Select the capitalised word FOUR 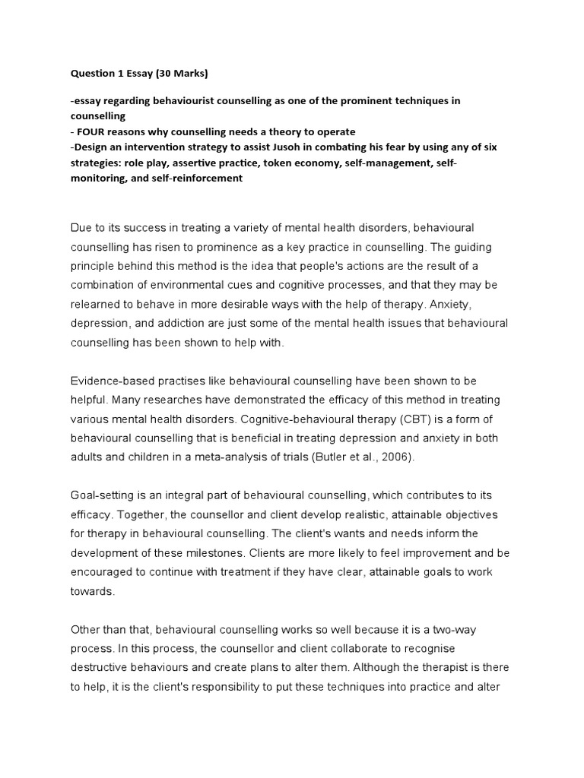point(92,131)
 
